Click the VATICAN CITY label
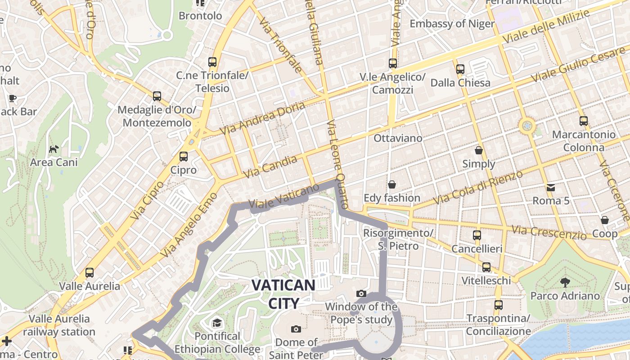coord(283,294)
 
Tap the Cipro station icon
coord(183,157)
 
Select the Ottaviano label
coord(398,138)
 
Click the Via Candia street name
coord(270,167)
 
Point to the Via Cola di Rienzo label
coord(477,187)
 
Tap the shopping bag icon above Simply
coord(479,150)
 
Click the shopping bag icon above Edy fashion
coord(391,184)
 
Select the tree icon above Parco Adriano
coord(565,283)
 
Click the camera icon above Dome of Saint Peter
coord(296,329)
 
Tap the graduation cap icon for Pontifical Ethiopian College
coord(217,323)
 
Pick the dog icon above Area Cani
coord(54,149)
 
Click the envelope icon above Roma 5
coord(551,187)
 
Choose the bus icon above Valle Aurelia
coord(90,272)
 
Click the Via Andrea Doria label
coord(262,118)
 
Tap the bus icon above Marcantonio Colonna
coord(584,121)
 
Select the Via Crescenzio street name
coord(549,233)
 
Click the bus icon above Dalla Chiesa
coord(460,69)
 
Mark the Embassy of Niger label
coord(452,24)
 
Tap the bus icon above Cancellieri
coord(477,235)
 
